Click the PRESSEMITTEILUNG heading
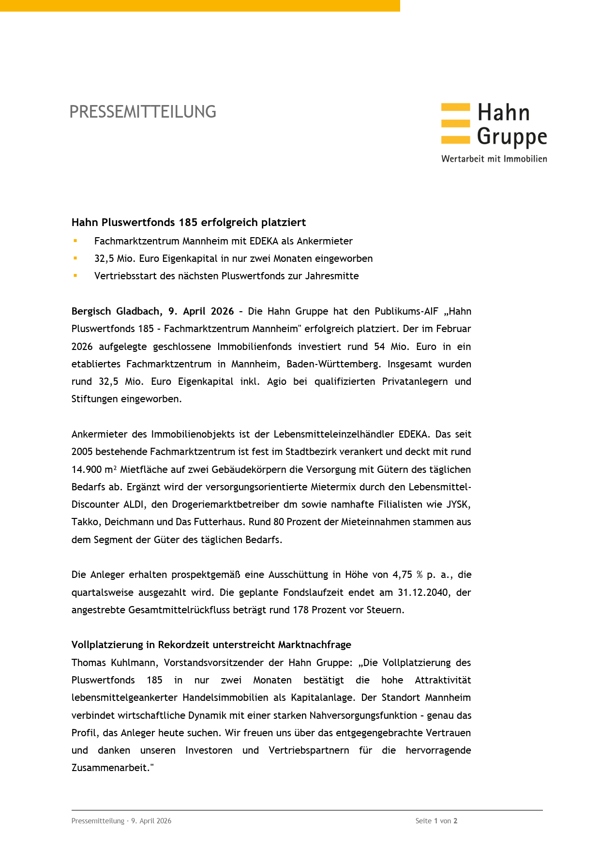pos(143,112)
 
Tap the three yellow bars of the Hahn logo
pos(455,123)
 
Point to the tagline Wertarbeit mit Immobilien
pos(494,159)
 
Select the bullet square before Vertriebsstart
pos(75,275)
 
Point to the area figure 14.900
pos(87,470)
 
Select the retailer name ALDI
pos(134,504)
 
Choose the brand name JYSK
pos(457,504)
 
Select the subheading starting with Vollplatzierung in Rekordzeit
pos(211,645)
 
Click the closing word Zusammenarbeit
pos(110,768)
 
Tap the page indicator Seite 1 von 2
pos(436,821)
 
